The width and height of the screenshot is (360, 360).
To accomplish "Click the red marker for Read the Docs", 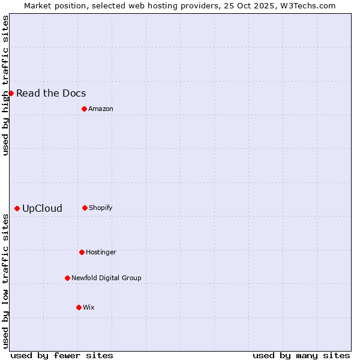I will pos(11,93).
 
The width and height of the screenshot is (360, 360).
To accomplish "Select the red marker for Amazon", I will pos(84,109).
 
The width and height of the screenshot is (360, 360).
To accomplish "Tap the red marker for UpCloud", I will pos(17,208).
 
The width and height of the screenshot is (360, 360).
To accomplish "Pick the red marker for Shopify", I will pos(85,208).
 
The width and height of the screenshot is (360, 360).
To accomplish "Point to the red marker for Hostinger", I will pos(82,252).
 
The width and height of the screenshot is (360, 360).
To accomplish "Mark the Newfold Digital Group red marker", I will pos(67,278).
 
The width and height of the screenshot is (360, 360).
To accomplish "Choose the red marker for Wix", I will pos(79,307).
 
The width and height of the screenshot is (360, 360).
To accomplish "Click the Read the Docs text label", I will pos(51,93).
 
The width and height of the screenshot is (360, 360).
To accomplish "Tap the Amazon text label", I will pos(101,109).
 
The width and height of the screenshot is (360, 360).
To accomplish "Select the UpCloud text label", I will pos(42,209).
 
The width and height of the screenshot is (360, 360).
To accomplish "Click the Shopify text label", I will pos(101,208).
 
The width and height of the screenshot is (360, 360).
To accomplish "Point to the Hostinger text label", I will pos(101,252).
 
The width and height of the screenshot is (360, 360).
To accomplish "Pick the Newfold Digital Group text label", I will pos(106,278).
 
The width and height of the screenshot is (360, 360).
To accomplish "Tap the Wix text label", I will pos(89,307).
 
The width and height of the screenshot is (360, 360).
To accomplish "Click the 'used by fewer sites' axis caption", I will pos(62,355).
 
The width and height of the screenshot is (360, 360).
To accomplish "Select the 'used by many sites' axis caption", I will pos(301,355).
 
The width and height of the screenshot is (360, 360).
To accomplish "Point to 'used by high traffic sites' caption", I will pos(5,85).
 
